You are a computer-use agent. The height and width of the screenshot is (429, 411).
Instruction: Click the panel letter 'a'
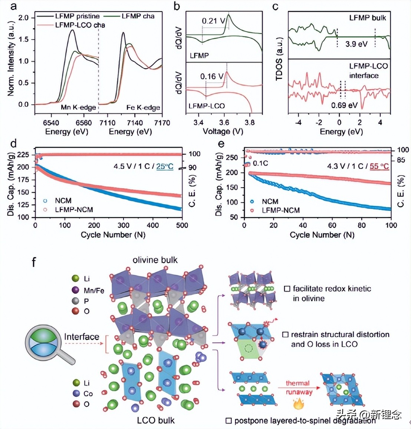13,7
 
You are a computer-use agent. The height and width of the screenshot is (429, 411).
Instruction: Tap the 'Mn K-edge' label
78,107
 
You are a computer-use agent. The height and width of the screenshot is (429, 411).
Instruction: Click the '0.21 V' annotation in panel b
213,21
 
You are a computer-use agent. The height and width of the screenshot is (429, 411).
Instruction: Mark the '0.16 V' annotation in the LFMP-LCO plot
212,77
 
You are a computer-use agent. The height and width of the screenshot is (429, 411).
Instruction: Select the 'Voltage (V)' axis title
223,132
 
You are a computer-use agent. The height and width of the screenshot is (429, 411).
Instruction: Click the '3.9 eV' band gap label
356,44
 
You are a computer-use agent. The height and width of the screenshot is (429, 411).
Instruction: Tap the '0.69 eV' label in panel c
344,106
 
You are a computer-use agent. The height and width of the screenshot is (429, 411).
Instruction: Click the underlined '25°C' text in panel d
165,166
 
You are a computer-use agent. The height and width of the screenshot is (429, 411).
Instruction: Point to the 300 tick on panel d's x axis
124,225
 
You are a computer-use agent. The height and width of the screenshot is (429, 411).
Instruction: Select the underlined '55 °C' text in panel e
379,166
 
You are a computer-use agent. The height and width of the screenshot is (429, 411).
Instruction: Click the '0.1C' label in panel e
260,163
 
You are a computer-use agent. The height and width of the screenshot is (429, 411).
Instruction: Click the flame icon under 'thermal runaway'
298,404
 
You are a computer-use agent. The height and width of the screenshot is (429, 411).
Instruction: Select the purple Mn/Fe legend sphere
76,290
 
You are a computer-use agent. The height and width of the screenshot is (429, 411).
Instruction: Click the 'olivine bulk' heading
155,260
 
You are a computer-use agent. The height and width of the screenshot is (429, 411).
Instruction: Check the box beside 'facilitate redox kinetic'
287,289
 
